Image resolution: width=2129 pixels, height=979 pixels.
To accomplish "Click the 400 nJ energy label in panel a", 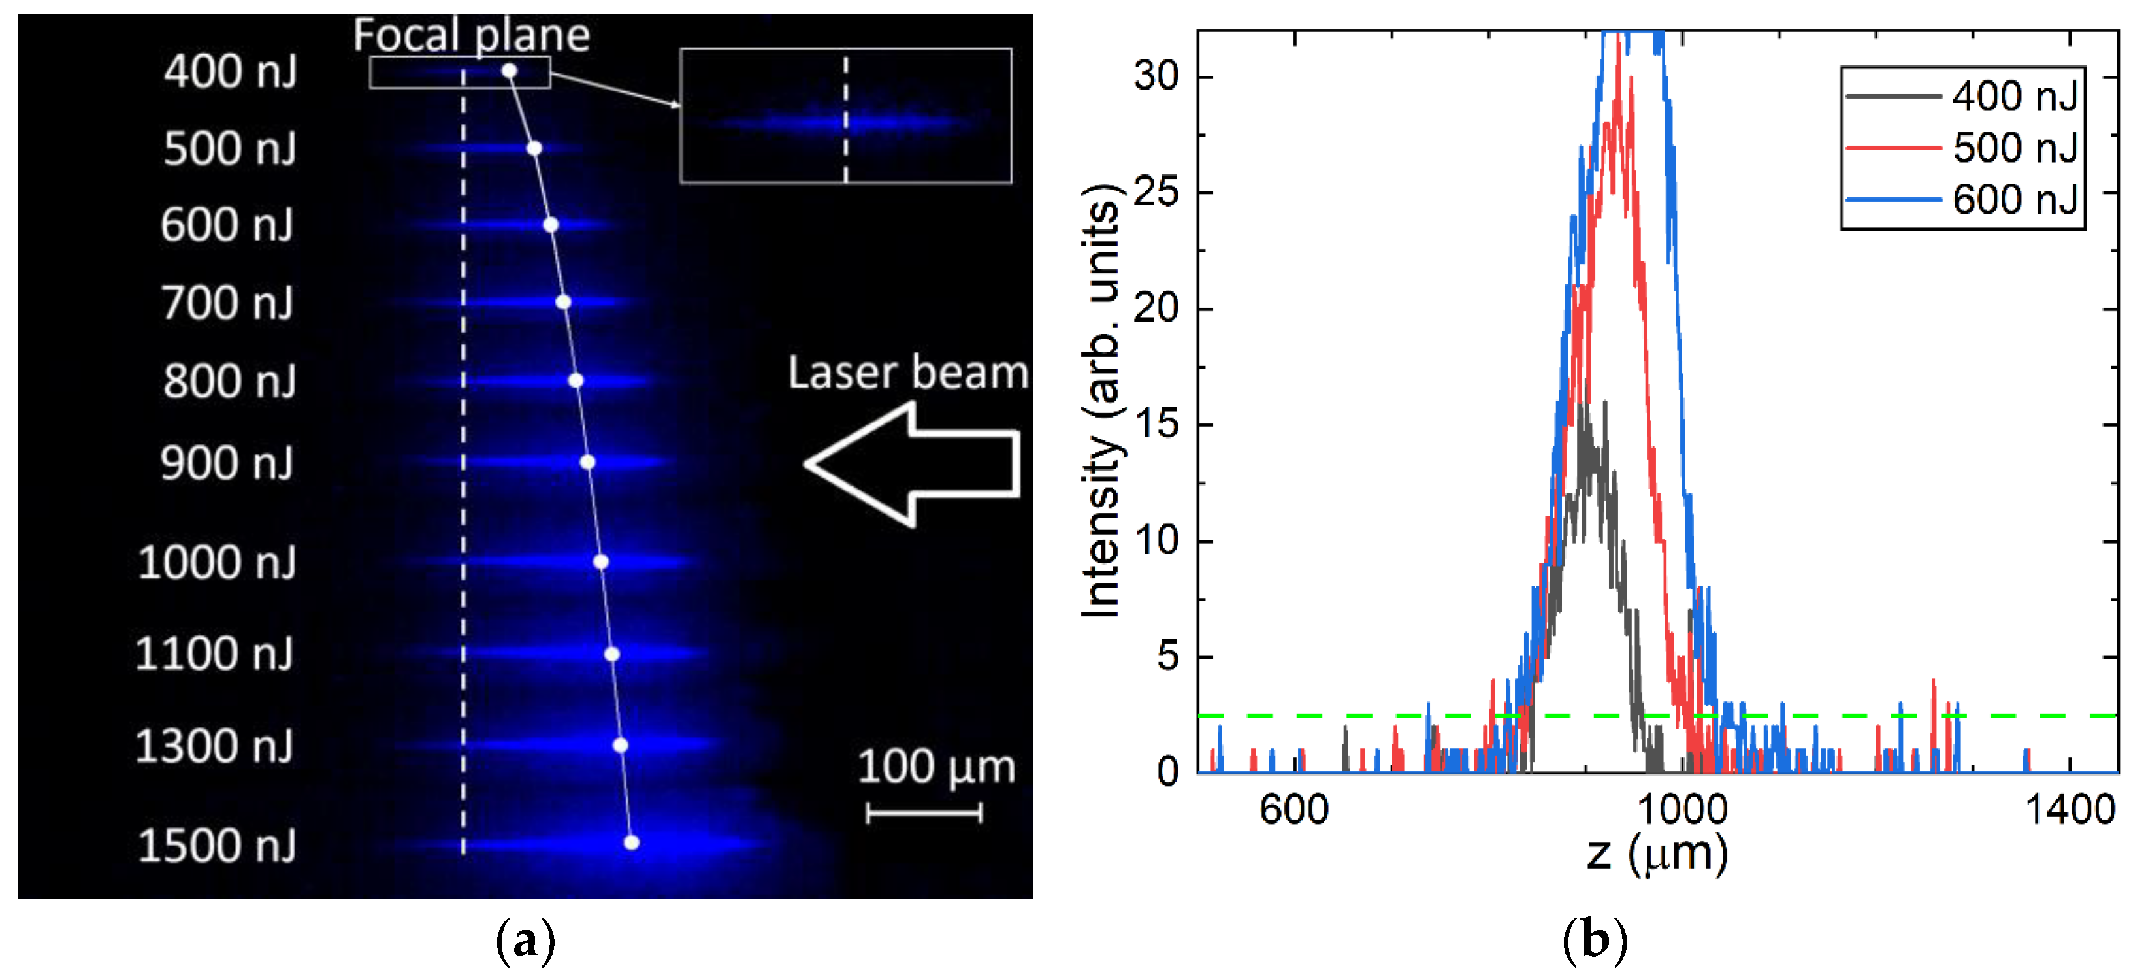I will pyautogui.click(x=230, y=71).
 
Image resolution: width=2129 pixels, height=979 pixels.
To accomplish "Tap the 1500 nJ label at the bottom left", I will pyautogui.click(x=216, y=846).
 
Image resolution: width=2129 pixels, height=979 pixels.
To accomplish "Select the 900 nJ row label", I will pyautogui.click(x=227, y=463).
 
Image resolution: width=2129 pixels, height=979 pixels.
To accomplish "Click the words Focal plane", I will pyautogui.click(x=471, y=35).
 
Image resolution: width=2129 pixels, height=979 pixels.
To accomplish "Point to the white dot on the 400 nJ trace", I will pyautogui.click(x=510, y=72).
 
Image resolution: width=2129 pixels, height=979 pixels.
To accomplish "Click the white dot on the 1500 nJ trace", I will pyautogui.click(x=632, y=842).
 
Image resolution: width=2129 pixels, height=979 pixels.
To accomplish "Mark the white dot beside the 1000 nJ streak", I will pyautogui.click(x=601, y=562).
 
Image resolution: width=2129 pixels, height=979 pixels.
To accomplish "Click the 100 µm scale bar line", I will pyautogui.click(x=924, y=813).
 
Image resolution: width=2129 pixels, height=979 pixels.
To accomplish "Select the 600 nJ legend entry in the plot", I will pyautogui.click(x=1964, y=199).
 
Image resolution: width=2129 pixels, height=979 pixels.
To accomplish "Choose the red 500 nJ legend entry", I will pyautogui.click(x=1964, y=147).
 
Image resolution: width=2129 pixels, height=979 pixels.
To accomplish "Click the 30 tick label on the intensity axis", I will pyautogui.click(x=1156, y=77).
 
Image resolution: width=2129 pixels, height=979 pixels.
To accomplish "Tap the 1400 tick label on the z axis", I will pyautogui.click(x=2069, y=808).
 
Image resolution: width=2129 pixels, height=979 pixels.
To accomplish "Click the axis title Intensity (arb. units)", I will pyautogui.click(x=1101, y=401).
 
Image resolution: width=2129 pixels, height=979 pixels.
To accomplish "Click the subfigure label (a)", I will pyautogui.click(x=526, y=941).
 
